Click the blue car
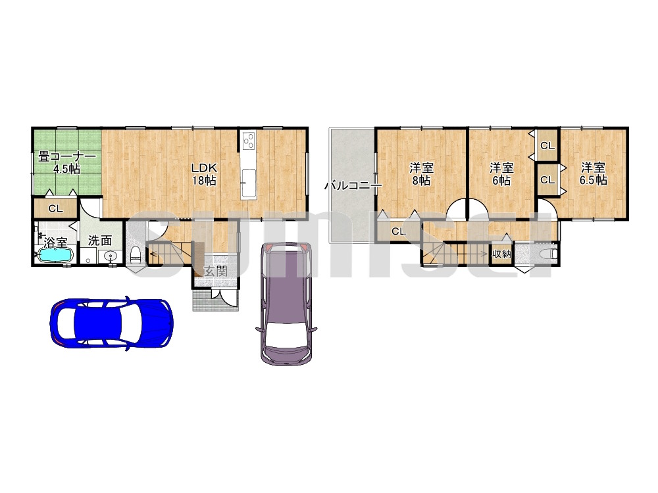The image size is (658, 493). (111, 323)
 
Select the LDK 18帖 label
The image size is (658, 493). (204, 174)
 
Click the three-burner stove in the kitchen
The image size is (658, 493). (249, 140)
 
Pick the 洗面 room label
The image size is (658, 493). (100, 241)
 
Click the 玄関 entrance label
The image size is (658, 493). (216, 271)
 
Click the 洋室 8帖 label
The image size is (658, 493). (421, 174)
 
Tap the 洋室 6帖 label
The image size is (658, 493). (501, 174)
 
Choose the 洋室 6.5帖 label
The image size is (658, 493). (593, 174)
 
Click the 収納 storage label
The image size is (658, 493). (501, 254)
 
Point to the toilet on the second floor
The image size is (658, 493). (549, 254)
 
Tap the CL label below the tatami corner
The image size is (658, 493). (55, 208)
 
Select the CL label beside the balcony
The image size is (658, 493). (398, 231)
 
